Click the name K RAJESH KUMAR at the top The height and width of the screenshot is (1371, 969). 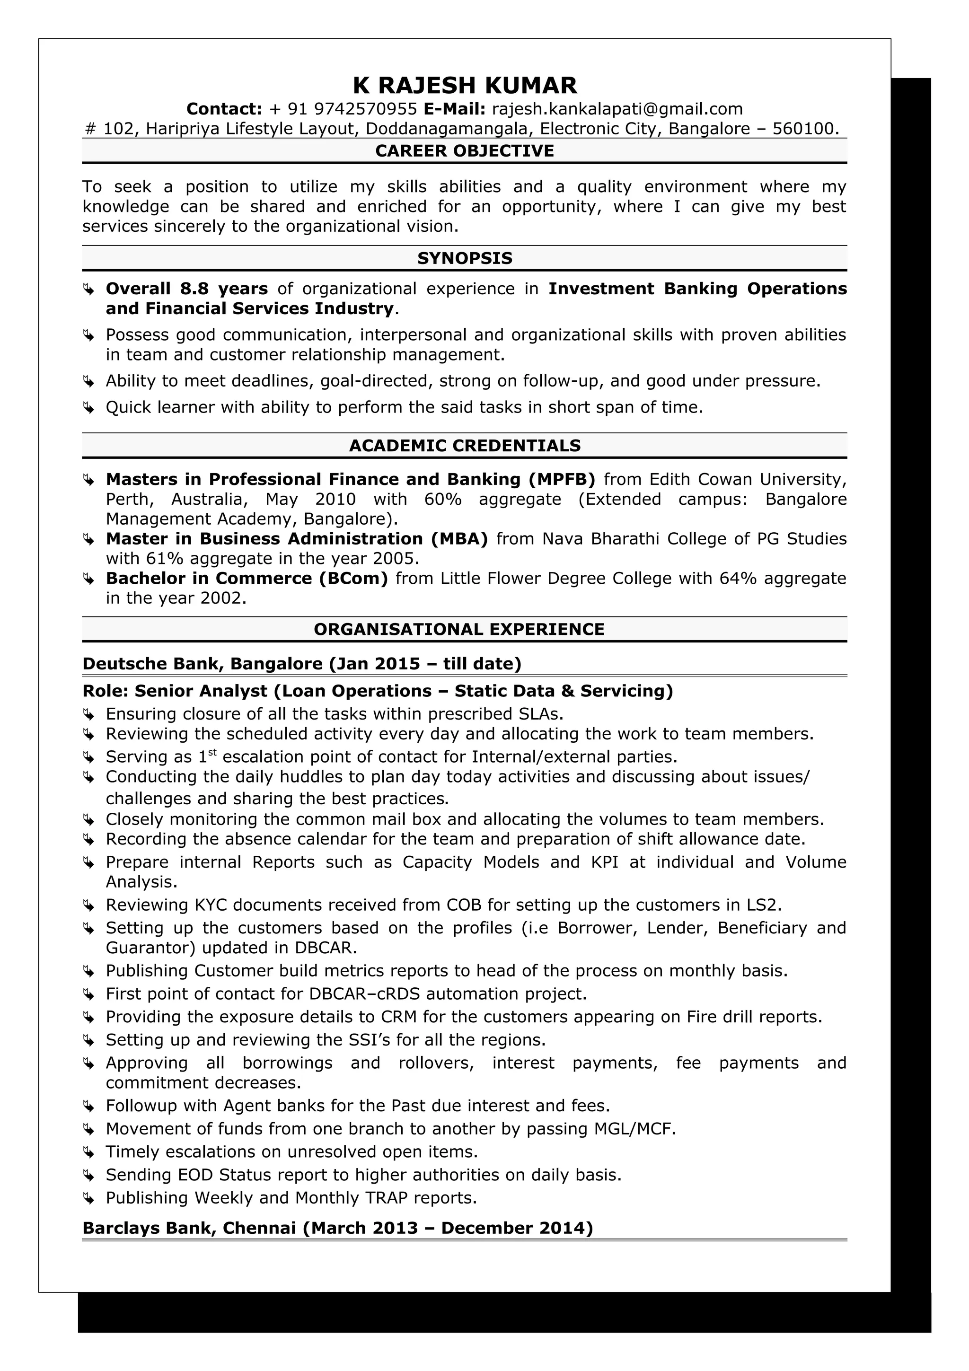point(465,85)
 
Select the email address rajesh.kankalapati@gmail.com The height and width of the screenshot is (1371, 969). point(617,109)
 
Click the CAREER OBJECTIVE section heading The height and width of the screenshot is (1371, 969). point(465,150)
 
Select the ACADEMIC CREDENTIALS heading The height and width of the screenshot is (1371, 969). point(465,446)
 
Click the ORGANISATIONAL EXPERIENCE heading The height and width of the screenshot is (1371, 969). point(458,629)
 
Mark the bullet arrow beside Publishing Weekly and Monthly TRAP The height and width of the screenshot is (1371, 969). point(88,1198)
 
